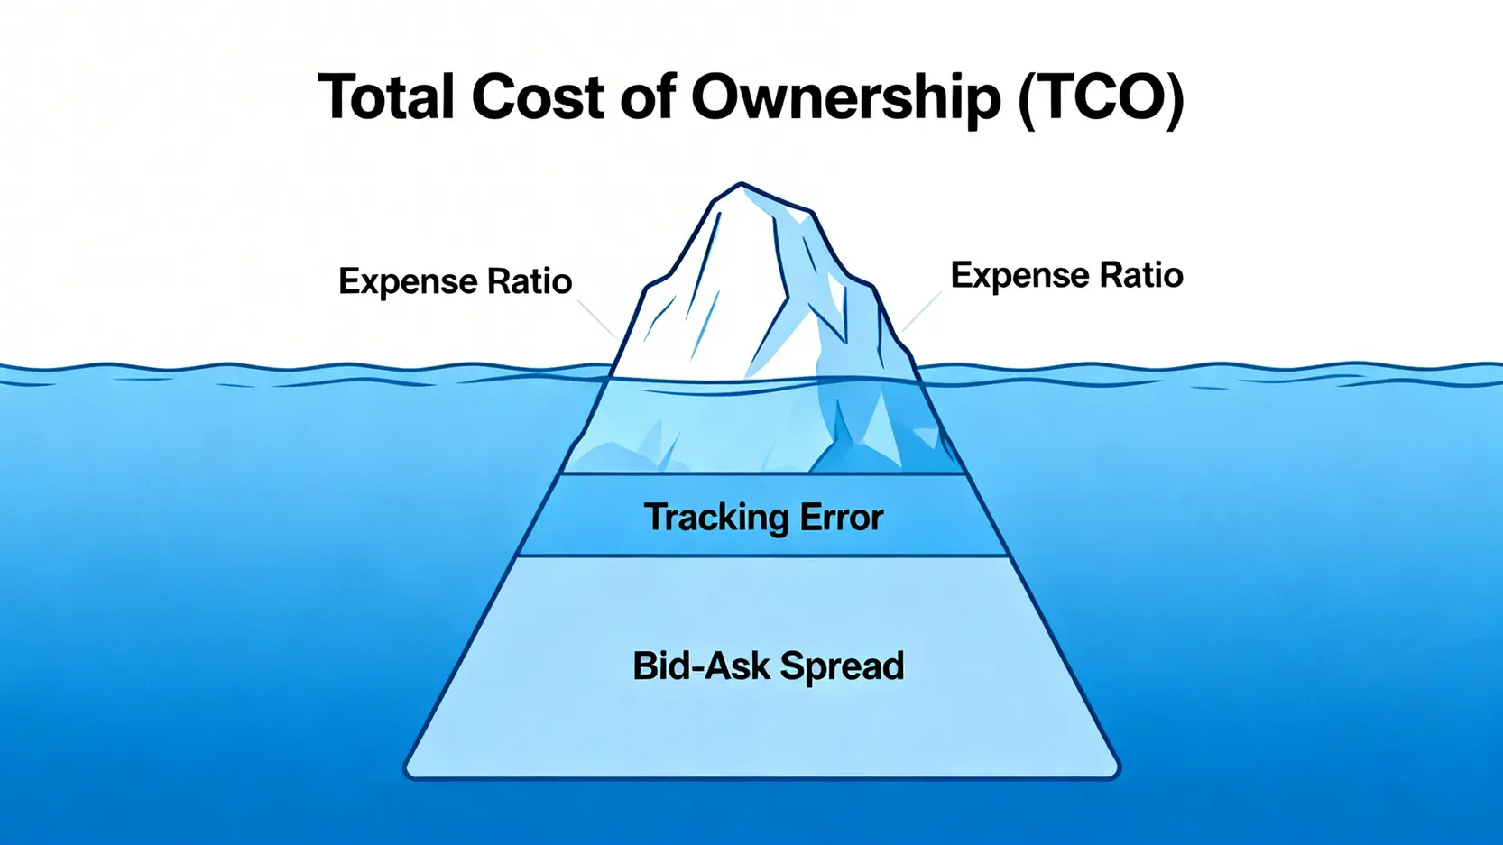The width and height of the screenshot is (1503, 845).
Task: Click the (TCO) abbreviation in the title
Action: point(1101,98)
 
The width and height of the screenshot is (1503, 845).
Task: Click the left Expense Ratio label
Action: point(455,281)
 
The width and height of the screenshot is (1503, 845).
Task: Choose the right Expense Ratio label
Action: point(1067,276)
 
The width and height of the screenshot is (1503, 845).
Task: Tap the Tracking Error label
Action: point(763,517)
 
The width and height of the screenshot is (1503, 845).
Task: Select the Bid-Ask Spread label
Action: point(769,666)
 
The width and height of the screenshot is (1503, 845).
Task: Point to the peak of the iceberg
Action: point(740,184)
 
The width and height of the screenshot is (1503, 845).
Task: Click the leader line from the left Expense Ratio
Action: point(596,318)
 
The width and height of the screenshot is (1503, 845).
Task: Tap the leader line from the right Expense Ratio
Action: point(920,312)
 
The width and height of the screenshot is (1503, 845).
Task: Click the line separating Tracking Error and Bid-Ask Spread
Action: point(763,556)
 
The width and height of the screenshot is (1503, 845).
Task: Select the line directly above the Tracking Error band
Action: point(763,474)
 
